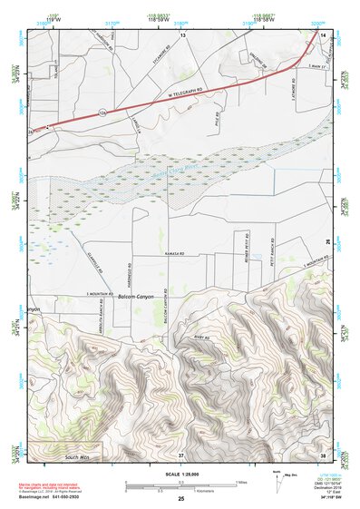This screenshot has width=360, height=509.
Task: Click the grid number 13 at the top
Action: click(181, 34)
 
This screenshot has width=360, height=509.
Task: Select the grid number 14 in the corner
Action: click(324, 34)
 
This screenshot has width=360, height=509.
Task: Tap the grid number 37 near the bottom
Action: click(181, 454)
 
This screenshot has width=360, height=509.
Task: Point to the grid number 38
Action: click(324, 454)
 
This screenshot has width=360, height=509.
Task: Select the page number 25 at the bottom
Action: click(181, 499)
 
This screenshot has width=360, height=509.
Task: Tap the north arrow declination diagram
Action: click(277, 478)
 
